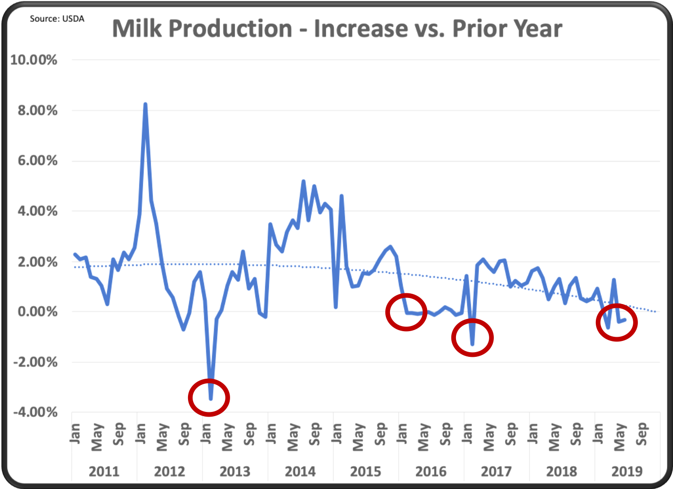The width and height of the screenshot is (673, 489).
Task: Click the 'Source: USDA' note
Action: [57, 19]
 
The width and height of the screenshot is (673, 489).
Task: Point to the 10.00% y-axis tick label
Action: [34, 60]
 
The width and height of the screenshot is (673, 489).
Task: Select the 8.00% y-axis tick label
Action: [37, 111]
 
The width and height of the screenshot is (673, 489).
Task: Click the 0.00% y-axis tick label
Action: [37, 312]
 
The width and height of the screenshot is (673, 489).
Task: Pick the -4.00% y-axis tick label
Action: [35, 412]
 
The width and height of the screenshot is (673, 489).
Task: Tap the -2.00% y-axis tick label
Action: [35, 362]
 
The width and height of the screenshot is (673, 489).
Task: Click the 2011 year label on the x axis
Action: [104, 471]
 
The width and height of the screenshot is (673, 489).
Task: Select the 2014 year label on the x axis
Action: [300, 471]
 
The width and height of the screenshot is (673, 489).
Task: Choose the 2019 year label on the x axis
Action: [627, 471]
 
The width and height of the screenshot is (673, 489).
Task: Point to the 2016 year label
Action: [431, 471]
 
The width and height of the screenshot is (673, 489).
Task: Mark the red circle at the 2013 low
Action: [209, 398]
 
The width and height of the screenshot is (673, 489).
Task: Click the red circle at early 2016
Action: [406, 312]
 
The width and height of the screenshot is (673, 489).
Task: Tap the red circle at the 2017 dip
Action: [472, 338]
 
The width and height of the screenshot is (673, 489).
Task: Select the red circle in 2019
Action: [617, 322]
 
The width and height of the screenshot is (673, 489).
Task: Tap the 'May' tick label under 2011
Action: [97, 437]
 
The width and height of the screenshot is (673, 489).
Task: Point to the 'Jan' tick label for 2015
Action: [337, 433]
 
